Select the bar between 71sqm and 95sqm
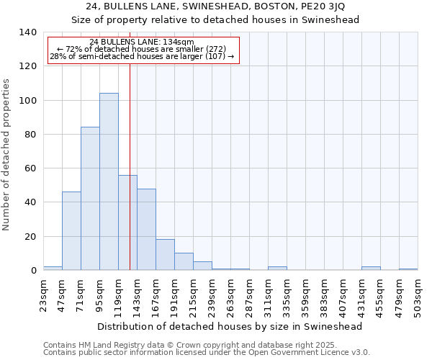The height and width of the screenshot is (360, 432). tap(90, 199)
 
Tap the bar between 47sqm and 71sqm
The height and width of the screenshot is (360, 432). tap(71, 231)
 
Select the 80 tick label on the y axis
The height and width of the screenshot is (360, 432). tap(30, 135)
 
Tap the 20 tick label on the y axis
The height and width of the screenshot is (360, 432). tap(30, 237)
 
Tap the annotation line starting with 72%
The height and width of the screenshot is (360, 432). tap(142, 49)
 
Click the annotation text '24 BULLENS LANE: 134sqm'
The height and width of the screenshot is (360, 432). tap(142, 42)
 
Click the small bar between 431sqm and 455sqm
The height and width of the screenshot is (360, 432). tap(371, 269)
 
